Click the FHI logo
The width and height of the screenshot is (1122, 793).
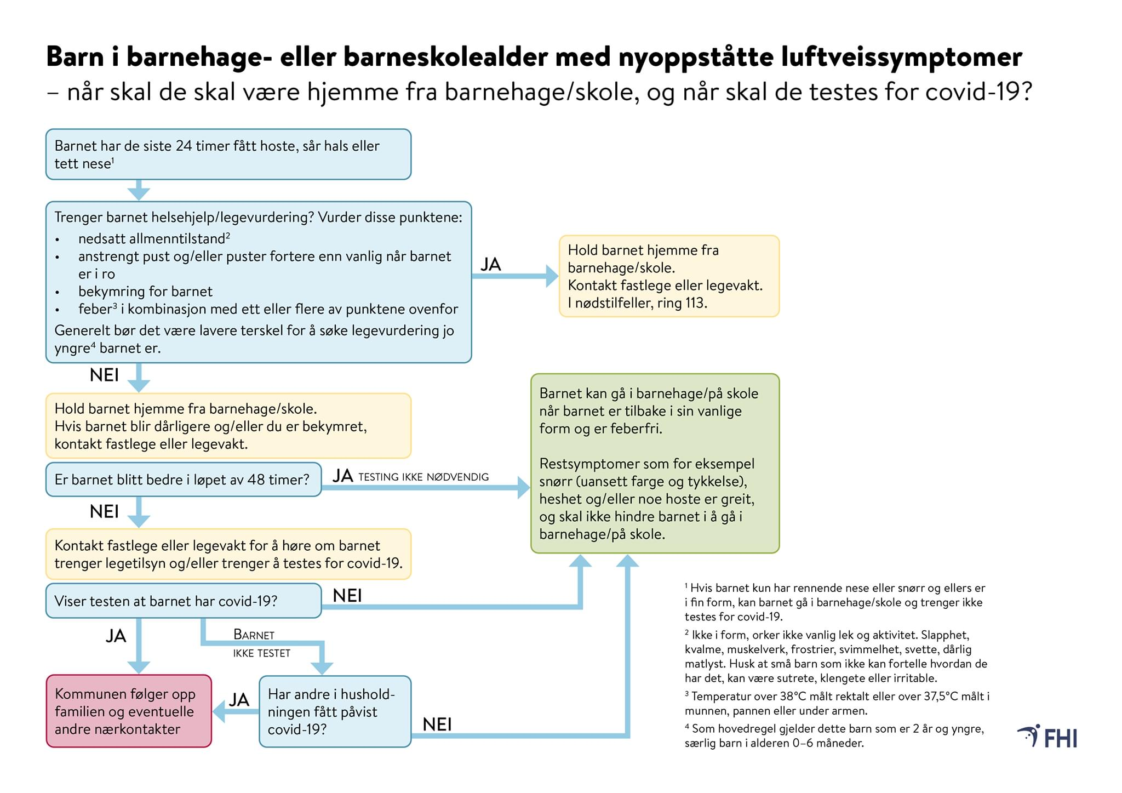pyautogui.click(x=1047, y=737)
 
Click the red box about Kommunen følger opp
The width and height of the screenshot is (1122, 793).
pyautogui.click(x=129, y=711)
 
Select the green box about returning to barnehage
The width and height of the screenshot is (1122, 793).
pyautogui.click(x=655, y=463)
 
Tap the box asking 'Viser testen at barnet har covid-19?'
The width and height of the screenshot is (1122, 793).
pyautogui.click(x=183, y=601)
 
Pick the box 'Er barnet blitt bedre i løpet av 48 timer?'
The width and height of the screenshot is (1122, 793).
pyautogui.click(x=183, y=480)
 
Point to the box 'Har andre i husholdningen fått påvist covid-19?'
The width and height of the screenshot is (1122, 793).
pyautogui.click(x=335, y=711)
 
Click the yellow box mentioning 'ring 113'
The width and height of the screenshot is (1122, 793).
pyautogui.click(x=669, y=276)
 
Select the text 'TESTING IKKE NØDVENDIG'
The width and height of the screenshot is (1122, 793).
pyautogui.click(x=423, y=477)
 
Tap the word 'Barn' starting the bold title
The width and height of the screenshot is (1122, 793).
pyautogui.click(x=75, y=57)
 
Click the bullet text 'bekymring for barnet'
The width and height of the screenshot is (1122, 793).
pyautogui.click(x=145, y=292)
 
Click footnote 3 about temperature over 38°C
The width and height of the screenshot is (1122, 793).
pyautogui.click(x=837, y=704)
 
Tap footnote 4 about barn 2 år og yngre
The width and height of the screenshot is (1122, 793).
pyautogui.click(x=834, y=736)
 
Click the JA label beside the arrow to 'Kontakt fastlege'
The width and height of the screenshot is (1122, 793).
pyautogui.click(x=491, y=265)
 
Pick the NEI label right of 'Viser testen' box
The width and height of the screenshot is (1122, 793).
pyautogui.click(x=347, y=596)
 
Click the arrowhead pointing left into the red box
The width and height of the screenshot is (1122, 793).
pyautogui.click(x=219, y=712)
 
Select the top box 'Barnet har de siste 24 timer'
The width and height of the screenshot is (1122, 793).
pyautogui.click(x=228, y=155)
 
